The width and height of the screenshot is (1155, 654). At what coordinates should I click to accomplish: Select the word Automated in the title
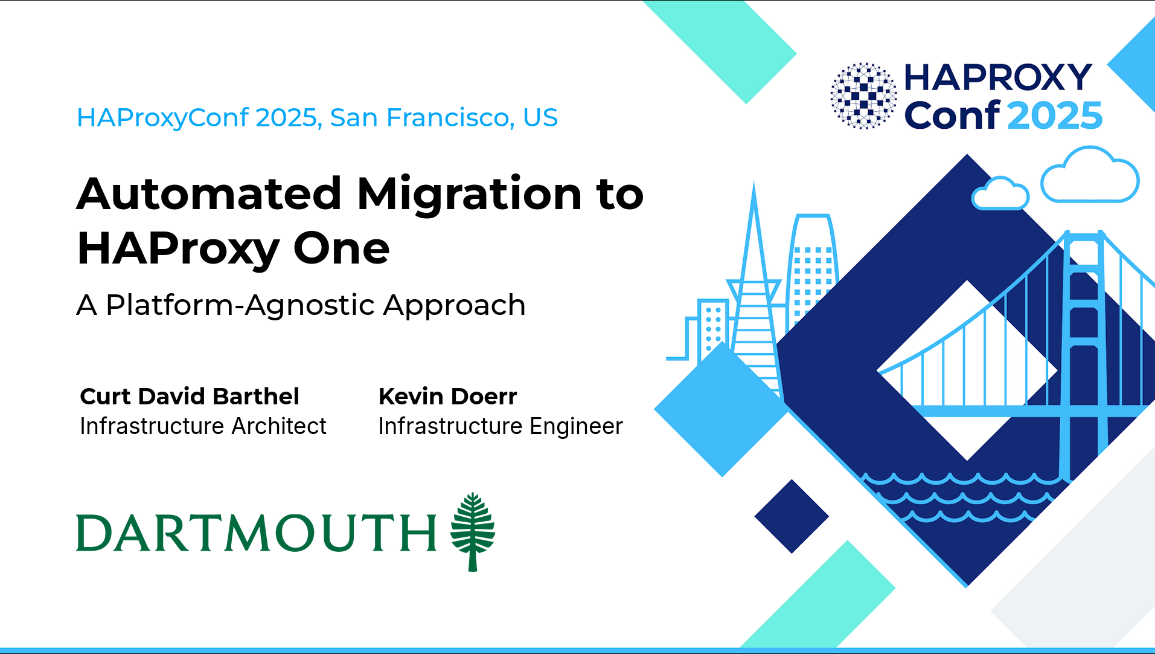[210, 193]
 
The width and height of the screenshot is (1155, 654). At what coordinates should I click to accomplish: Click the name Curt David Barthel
[190, 397]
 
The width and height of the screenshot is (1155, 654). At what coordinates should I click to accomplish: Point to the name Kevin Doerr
[447, 397]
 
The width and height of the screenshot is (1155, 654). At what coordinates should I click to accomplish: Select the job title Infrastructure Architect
[203, 426]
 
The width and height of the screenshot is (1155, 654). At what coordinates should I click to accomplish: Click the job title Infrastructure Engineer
[501, 427]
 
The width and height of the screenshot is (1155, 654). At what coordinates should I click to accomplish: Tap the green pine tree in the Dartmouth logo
[473, 531]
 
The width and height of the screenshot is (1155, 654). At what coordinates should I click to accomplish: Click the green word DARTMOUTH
[256, 533]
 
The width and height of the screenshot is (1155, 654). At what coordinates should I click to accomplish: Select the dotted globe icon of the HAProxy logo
[863, 96]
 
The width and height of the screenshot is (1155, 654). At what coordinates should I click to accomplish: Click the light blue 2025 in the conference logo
[1055, 115]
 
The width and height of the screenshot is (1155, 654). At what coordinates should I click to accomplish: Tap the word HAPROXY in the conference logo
[998, 77]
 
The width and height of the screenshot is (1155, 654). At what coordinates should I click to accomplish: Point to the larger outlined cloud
[1090, 175]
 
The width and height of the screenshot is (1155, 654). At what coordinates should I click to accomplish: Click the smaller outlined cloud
[1000, 193]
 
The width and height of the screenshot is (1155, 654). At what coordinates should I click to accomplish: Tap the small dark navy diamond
[792, 516]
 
